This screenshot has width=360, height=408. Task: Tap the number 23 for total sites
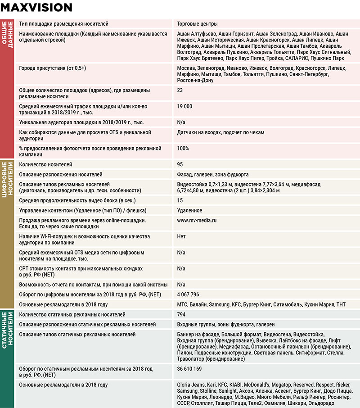tap(180, 91)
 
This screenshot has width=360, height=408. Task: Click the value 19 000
tap(185, 106)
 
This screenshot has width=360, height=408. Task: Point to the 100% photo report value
tap(183, 148)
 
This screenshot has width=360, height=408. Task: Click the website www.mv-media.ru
tap(197, 221)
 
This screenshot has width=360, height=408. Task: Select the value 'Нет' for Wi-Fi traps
tap(181, 236)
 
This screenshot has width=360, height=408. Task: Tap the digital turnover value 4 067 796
tap(188, 295)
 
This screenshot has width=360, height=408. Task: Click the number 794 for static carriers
tap(182, 314)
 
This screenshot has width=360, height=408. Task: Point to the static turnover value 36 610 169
tap(189, 369)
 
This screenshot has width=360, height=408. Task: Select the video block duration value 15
tap(180, 200)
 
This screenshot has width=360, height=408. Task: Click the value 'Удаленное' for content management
tap(189, 210)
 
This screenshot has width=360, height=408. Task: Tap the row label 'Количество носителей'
tap(45, 164)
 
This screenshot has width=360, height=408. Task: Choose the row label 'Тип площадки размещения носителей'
tap(63, 23)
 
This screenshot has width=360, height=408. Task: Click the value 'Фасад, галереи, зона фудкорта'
tap(213, 174)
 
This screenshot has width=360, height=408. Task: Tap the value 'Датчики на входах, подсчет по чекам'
tap(221, 132)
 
